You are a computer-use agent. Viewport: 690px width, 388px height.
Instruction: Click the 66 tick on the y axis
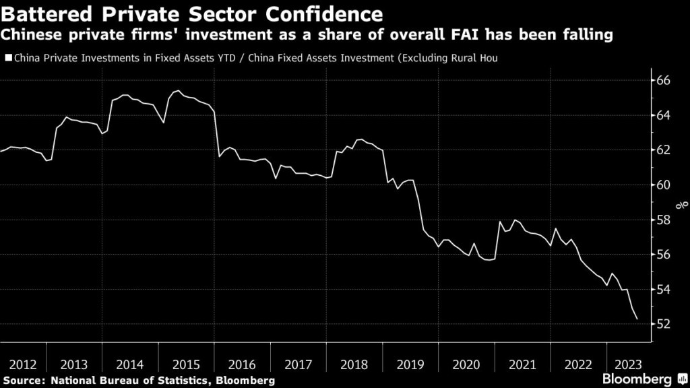point(664,80)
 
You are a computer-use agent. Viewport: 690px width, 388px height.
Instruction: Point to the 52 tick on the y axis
point(664,324)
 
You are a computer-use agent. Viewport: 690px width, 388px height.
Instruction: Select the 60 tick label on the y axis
point(664,185)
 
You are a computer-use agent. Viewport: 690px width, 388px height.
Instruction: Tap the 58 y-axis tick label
point(664,220)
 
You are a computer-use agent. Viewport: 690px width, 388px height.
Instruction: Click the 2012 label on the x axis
point(22,364)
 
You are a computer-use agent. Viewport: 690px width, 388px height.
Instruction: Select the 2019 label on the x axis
point(410,364)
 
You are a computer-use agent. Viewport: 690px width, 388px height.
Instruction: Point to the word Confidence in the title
point(321,13)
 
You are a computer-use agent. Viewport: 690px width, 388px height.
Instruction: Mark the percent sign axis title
point(683,202)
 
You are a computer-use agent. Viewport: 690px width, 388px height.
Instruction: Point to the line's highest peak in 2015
point(177,91)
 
